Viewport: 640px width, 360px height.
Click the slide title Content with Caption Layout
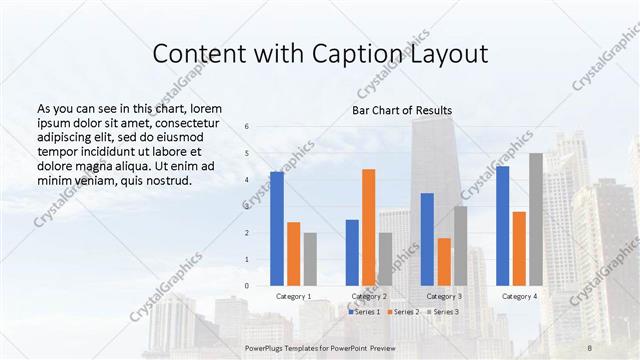320,53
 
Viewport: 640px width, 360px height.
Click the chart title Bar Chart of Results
402,110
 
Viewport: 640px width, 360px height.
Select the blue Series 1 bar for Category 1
277,229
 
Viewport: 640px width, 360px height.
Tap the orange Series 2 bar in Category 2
369,227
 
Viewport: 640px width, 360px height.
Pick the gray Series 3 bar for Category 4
536,219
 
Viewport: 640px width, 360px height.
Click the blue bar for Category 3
427,239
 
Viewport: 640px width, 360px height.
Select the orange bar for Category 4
519,248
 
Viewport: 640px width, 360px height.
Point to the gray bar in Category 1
310,259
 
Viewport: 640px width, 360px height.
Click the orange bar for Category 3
444,261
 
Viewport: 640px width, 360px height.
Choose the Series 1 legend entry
366,312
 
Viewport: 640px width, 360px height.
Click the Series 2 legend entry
404,312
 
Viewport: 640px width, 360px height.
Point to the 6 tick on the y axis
247,127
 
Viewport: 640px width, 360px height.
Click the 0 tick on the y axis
247,286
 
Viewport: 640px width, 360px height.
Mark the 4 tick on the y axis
247,180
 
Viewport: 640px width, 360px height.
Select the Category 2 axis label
369,297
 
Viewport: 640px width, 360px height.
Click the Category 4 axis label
519,297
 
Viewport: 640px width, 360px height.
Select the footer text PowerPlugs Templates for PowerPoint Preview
320,346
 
